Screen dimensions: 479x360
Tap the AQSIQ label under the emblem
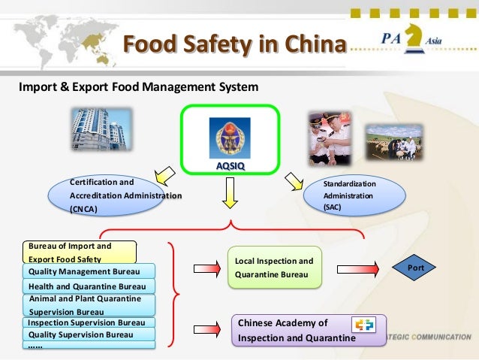tap(230, 165)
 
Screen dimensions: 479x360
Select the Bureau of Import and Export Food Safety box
tap(80, 252)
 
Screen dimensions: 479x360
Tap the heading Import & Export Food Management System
tap(139, 86)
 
